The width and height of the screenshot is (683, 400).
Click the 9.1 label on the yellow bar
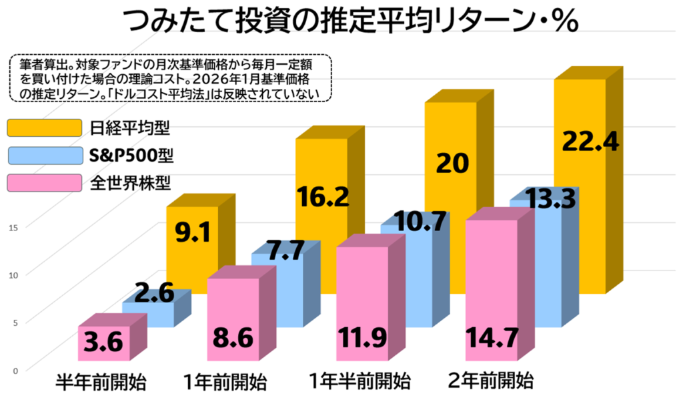(193, 234)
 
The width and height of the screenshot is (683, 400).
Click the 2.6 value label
(155, 293)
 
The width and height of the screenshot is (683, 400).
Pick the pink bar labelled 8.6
(233, 321)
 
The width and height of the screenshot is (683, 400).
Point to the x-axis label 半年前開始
(100, 383)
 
